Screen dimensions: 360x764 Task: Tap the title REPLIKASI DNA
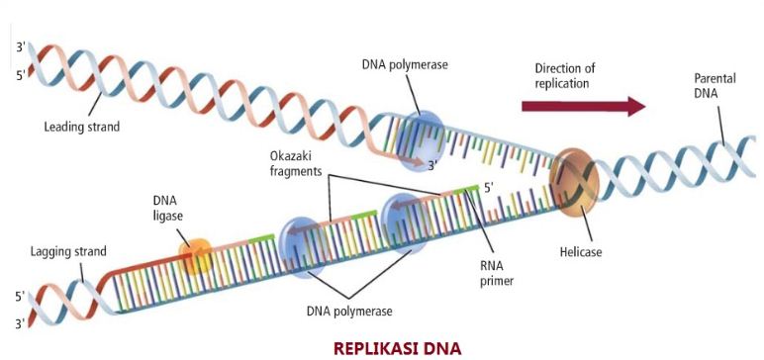(x=397, y=347)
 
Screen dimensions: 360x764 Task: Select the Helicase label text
(x=580, y=252)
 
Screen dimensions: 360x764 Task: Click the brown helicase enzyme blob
(x=575, y=183)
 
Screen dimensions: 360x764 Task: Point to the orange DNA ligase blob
(x=195, y=256)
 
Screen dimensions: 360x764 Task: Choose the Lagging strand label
(x=67, y=251)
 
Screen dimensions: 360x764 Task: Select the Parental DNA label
(x=707, y=86)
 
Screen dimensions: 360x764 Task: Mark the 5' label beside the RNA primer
(x=487, y=185)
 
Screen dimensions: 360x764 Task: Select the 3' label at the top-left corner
(x=21, y=45)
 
